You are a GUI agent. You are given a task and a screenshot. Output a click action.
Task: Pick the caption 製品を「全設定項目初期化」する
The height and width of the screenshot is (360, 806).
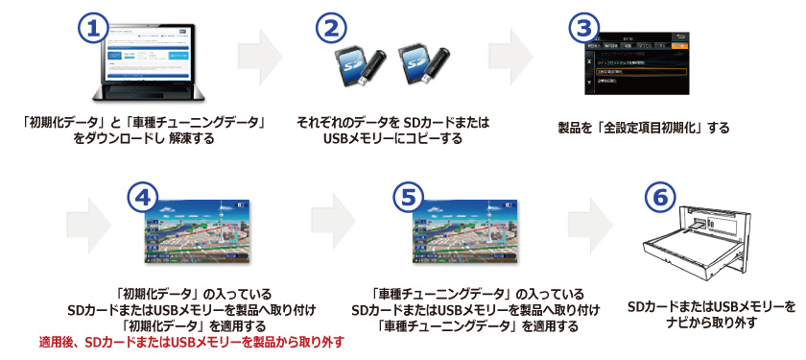pyautogui.click(x=643, y=127)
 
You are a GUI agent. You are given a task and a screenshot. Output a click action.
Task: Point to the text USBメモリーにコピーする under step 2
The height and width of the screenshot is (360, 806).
pyautogui.click(x=393, y=138)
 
